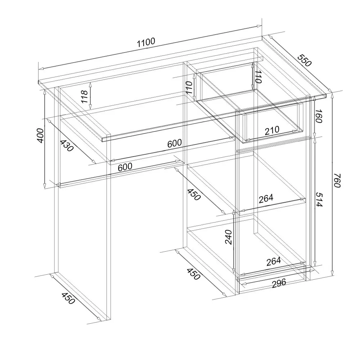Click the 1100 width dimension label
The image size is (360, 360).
pos(146,42)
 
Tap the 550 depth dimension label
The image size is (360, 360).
pos(305,60)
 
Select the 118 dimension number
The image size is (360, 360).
pos(85,96)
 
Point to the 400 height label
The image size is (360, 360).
pos(40,136)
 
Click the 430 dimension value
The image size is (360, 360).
pos(67,145)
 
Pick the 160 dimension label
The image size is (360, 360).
pos(319,116)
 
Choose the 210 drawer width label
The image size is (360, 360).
pos(272,130)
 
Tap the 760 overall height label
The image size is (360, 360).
pos(337,181)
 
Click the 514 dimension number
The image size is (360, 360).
pos(319,199)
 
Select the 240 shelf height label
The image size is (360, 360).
pos(229,237)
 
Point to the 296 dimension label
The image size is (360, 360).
pos(279,283)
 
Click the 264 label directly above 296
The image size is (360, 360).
pos(274,261)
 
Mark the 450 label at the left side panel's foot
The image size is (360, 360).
pos(68,298)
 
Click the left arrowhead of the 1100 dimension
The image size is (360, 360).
pos(41,68)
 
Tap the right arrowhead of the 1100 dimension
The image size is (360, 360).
pos(259,26)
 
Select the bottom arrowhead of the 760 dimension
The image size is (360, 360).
pos(332,273)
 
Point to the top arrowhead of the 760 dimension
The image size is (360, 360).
pos(332,95)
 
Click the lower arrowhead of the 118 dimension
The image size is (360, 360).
pos(90,107)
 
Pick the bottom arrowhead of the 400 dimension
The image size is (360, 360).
pos(45,185)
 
